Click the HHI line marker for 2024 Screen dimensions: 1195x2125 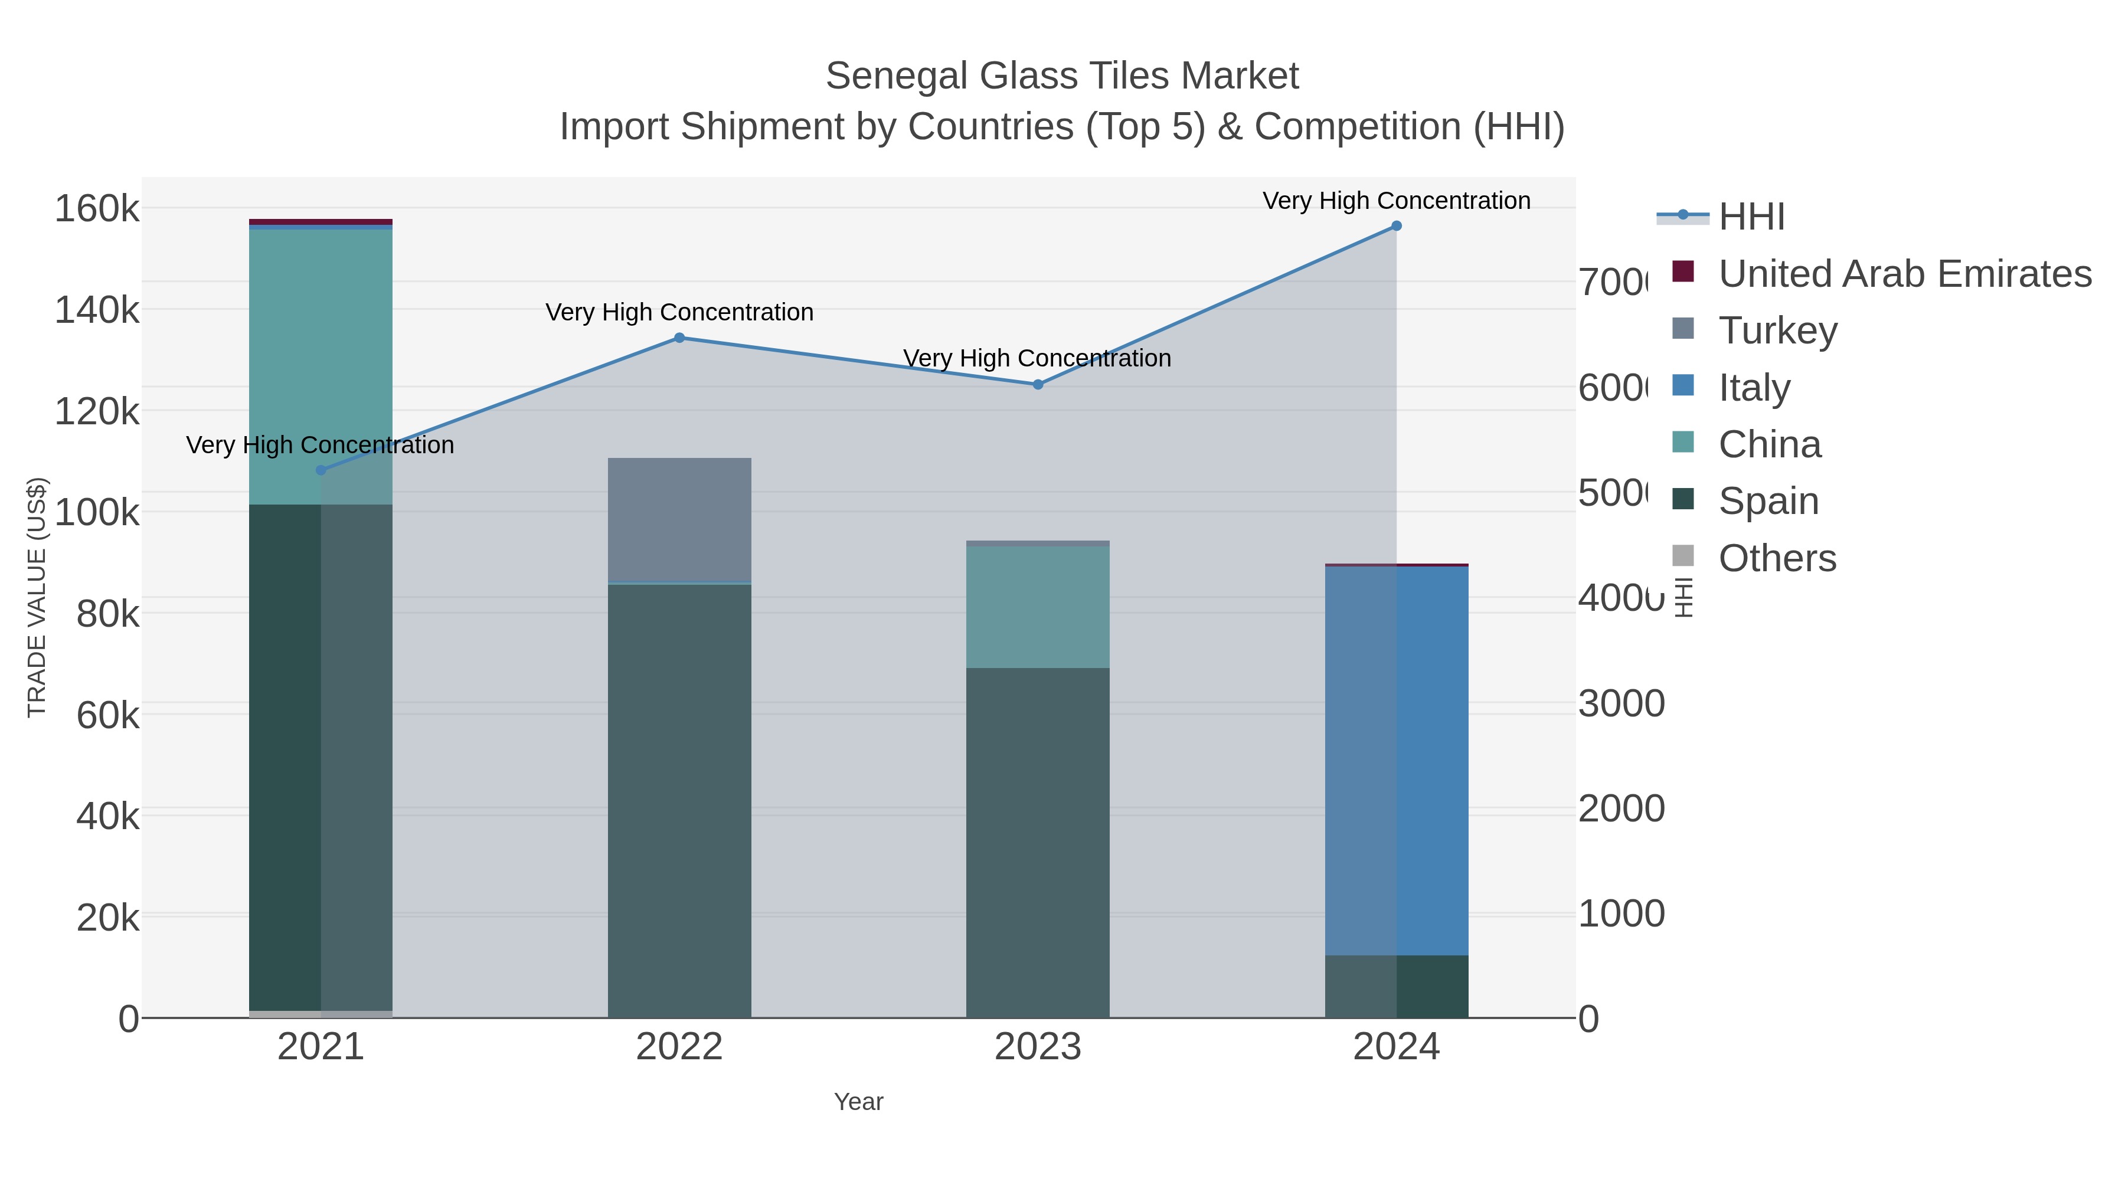pos(1396,226)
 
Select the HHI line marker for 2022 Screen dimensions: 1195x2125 pos(679,338)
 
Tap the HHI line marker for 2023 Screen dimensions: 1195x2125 pos(1038,384)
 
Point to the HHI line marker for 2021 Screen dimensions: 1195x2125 pos(321,470)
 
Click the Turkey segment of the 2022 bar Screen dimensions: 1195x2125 pos(679,519)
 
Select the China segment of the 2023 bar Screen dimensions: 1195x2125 pos(1038,607)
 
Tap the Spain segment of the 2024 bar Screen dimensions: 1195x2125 pos(1396,986)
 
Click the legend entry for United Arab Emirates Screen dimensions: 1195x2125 pos(1904,274)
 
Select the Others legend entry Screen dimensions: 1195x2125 pos(1777,558)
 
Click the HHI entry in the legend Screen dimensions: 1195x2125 pos(1751,217)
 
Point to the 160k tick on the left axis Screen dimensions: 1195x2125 pos(97,209)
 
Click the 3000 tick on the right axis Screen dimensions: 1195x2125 pos(1621,703)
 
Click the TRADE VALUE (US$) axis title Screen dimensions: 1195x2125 pos(37,597)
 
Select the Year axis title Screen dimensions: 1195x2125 pos(858,1102)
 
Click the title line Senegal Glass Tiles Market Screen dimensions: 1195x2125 pos(1062,76)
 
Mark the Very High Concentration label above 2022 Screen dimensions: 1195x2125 pos(679,313)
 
